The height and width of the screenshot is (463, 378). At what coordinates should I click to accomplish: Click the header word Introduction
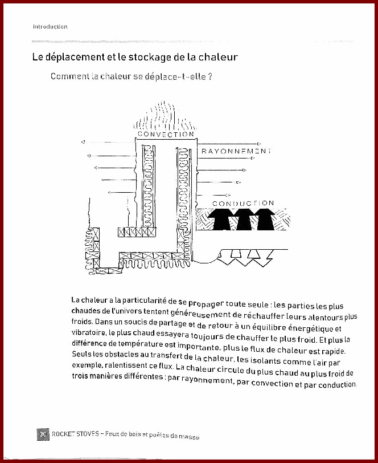click(x=50, y=26)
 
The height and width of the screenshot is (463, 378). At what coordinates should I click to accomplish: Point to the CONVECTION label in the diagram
click(x=166, y=134)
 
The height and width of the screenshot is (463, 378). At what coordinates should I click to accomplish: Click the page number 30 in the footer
click(x=43, y=433)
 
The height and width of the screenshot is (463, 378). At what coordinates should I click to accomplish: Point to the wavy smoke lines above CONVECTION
click(x=165, y=116)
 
